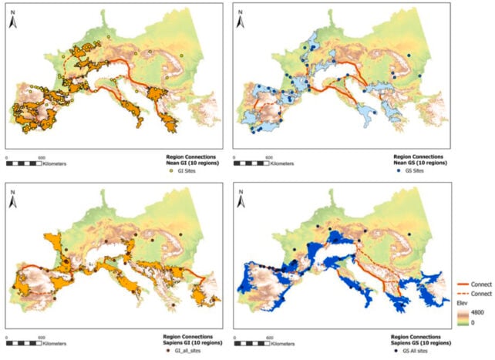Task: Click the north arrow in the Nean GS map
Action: (241, 21)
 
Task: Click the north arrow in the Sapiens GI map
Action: (13, 199)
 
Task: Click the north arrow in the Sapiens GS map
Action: (241, 199)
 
